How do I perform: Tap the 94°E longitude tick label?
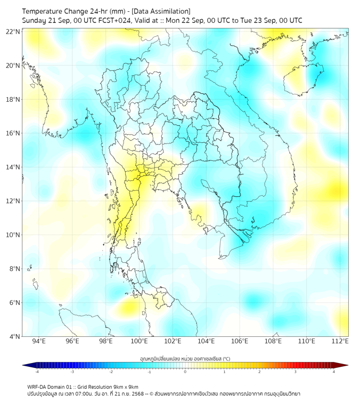click(x=39, y=341)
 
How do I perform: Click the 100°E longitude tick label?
click(x=140, y=341)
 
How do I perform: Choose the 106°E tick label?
click(x=240, y=341)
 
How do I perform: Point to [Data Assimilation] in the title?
click(x=160, y=11)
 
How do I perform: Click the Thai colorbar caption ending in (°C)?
click(x=185, y=358)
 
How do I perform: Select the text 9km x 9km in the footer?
click(x=125, y=387)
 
